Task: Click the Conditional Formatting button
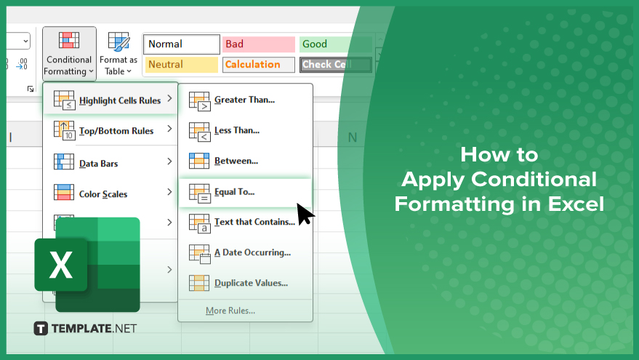(69, 53)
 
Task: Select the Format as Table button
(118, 53)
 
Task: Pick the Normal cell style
(181, 44)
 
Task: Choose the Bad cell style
(258, 44)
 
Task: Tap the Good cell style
(335, 44)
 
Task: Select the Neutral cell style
(181, 65)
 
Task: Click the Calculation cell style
(258, 65)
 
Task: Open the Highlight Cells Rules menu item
(110, 100)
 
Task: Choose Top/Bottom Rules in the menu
(110, 130)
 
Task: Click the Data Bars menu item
(110, 163)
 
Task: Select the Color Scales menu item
(110, 193)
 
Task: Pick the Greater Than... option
(245, 100)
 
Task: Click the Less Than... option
(245, 131)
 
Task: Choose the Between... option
(245, 161)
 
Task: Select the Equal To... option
(245, 192)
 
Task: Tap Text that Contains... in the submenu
(245, 223)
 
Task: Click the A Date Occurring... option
(245, 253)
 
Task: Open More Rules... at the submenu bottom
(230, 311)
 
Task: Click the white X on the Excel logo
(61, 265)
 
